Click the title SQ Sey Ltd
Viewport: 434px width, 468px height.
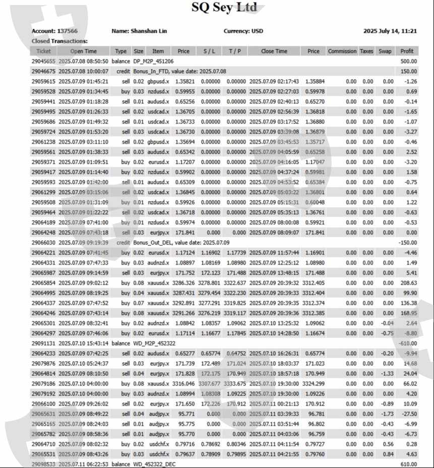click(224, 8)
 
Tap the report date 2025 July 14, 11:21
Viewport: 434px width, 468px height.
click(390, 31)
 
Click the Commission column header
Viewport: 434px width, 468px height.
click(342, 51)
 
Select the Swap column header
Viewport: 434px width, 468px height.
click(385, 51)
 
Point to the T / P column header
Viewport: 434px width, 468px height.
click(235, 51)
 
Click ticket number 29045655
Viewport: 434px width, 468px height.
click(44, 61)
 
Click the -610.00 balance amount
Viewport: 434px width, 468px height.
click(407, 343)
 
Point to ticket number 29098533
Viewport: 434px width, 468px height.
click(44, 464)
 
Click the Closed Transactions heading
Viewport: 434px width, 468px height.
click(59, 41)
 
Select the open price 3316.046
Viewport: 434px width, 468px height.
click(183, 383)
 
